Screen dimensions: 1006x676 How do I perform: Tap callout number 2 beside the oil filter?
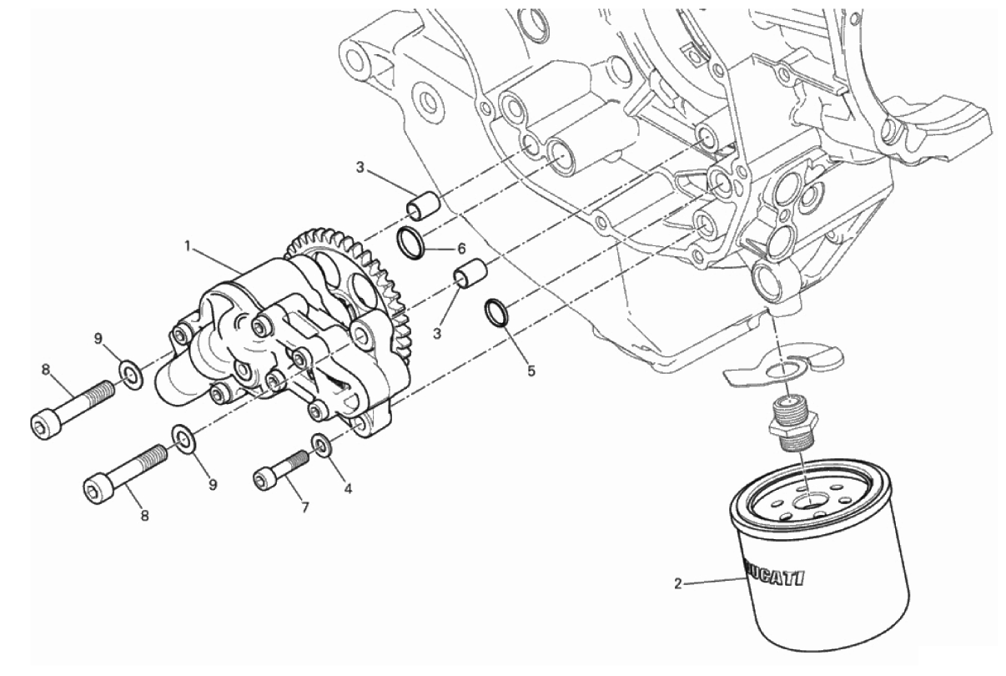tap(677, 584)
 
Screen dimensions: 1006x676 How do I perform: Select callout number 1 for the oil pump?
tap(189, 246)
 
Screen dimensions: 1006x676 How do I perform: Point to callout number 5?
tap(531, 371)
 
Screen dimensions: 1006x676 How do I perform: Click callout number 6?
tap(461, 248)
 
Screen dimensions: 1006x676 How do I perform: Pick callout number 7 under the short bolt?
tap(305, 507)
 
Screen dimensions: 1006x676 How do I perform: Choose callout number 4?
tap(347, 488)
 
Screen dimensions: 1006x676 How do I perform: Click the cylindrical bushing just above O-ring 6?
tap(423, 206)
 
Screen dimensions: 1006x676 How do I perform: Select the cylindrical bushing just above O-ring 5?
tap(471, 273)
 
